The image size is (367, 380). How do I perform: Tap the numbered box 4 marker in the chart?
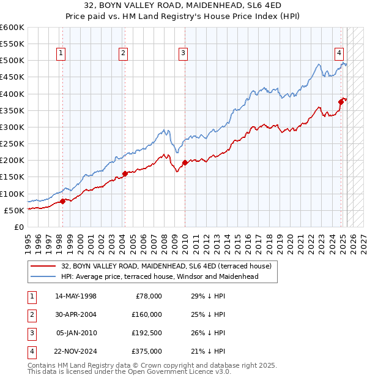coord(338,53)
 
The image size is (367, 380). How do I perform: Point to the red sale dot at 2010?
coord(185,163)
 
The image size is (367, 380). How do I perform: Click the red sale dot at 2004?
coord(125,173)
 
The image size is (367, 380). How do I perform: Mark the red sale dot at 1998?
coord(62,201)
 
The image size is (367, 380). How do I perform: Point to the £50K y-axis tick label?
coord(14,210)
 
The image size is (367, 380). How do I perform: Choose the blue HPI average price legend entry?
coord(160,276)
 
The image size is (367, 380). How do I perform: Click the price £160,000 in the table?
coord(146,314)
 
